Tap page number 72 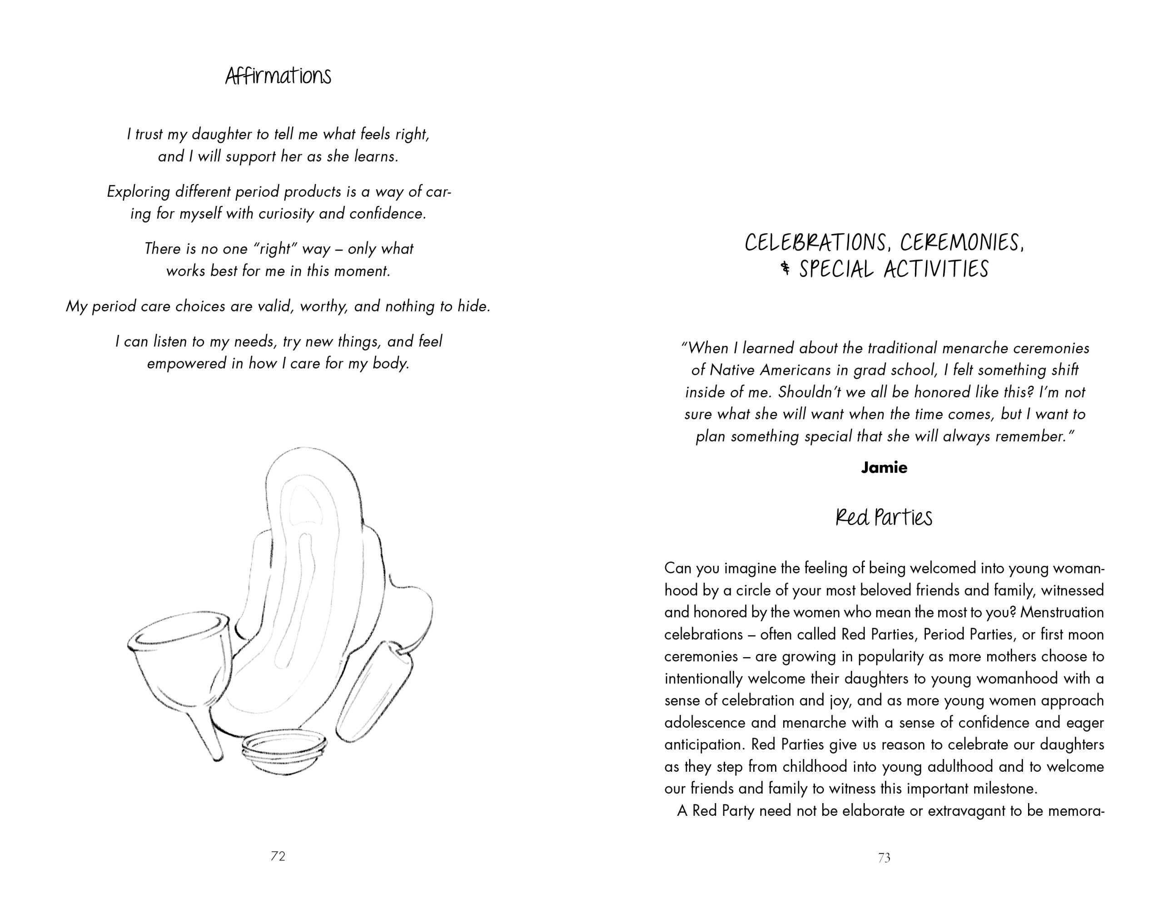pos(278,856)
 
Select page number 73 pos(884,858)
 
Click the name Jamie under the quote pos(884,467)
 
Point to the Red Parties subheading pos(884,517)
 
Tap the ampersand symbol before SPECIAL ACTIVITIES pos(785,269)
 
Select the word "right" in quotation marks pos(276,249)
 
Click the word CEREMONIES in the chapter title pos(962,243)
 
